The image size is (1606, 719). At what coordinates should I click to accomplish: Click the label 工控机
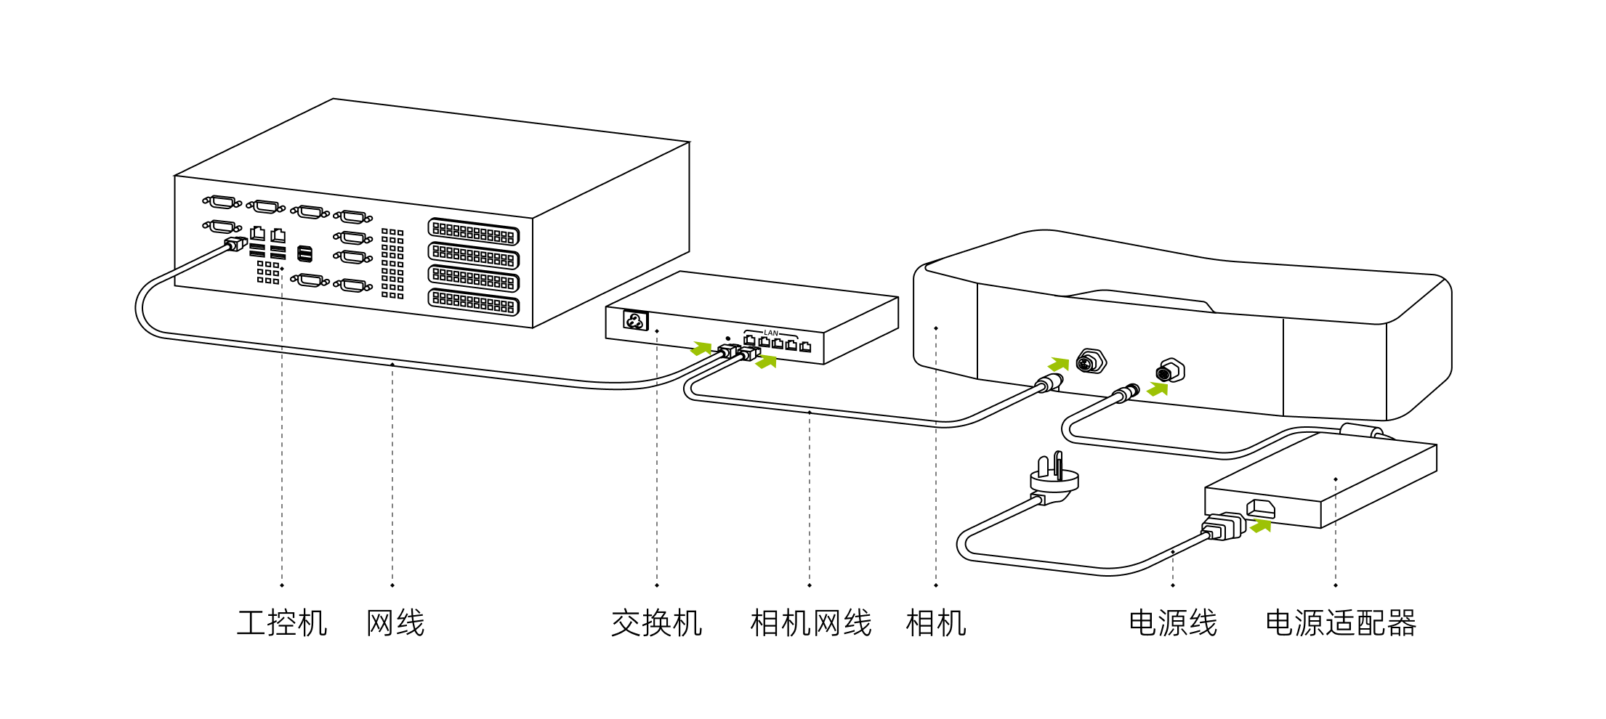282,623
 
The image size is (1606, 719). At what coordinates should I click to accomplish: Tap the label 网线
395,623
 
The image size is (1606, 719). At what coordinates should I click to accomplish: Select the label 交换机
656,623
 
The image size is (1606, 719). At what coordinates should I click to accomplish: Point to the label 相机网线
810,623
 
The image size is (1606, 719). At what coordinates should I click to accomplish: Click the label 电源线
1172,623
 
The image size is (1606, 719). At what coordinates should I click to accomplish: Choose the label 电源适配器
1341,623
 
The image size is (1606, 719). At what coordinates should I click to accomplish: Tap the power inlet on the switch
635,320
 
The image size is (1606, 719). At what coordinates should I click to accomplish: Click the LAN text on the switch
771,333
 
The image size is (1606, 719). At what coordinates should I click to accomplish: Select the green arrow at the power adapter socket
1262,525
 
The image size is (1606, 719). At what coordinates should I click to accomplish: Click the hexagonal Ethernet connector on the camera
1090,361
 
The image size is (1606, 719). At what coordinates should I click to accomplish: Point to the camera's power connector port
1170,371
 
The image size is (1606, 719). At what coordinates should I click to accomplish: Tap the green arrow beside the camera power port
1158,389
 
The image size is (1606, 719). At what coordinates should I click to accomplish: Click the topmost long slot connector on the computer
473,232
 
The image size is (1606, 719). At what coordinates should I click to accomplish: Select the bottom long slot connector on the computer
473,302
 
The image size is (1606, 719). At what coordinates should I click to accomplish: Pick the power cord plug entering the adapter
1224,527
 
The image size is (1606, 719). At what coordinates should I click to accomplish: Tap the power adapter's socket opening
1261,508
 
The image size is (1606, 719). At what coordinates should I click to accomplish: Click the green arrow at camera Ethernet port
1059,363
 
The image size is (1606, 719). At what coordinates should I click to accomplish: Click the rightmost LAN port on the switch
805,347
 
